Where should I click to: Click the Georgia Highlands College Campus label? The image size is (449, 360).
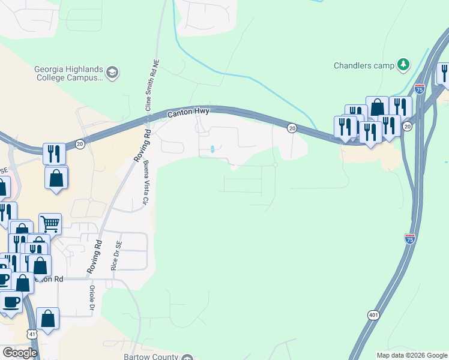68,73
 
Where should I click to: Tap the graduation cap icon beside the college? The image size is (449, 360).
112,73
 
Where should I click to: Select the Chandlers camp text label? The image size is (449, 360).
364,65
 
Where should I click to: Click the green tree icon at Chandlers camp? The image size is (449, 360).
404,64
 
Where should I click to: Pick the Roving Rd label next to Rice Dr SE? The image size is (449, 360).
95,258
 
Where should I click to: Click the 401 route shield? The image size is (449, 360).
373,315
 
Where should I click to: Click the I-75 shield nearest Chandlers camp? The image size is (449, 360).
420,89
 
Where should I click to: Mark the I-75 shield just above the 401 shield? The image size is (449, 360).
410,238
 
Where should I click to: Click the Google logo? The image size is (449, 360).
20,353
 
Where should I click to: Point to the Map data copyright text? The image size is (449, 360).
412,355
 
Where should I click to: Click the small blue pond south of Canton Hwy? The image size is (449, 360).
212,149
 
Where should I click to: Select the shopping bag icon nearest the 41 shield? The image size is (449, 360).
47,319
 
